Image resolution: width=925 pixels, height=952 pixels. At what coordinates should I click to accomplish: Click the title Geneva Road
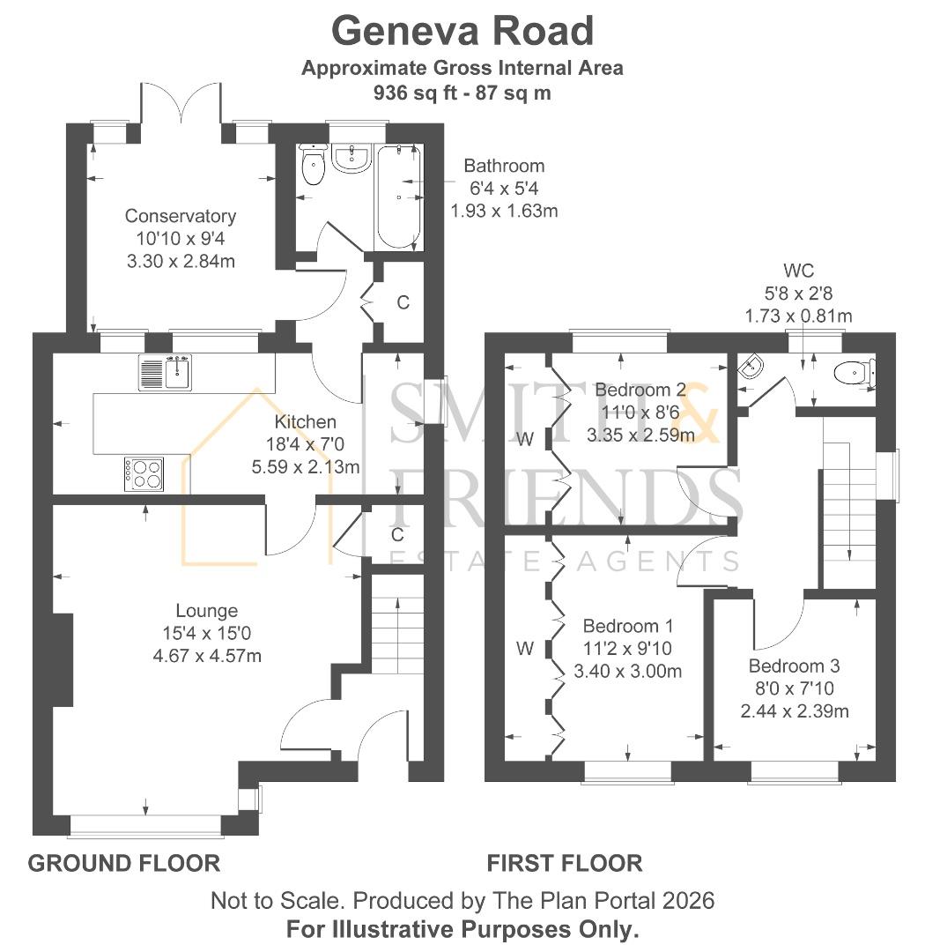tap(462, 31)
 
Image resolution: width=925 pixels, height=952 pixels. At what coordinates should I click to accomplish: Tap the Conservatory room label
tap(181, 216)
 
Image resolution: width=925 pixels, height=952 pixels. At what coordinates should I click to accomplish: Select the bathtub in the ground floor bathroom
tap(398, 197)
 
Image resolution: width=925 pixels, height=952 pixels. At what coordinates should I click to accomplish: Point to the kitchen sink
tap(165, 372)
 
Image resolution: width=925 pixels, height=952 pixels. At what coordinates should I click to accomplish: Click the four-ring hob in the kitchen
tap(144, 474)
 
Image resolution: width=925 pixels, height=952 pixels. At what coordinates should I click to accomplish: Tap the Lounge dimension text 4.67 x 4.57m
tap(207, 656)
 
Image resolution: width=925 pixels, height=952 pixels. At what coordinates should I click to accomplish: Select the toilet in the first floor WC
tap(854, 372)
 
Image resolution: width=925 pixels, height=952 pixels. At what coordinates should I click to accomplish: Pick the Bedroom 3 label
tap(794, 666)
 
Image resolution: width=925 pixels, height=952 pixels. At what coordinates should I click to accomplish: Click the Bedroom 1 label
tap(627, 625)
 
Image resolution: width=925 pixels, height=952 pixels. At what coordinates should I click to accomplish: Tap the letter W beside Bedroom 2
tap(525, 438)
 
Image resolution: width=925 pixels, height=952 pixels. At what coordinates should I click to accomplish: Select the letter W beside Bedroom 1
tap(525, 649)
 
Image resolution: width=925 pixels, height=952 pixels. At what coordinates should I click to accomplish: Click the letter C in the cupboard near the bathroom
tap(403, 301)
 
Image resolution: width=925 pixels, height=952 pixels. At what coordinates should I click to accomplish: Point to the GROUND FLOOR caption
tap(124, 863)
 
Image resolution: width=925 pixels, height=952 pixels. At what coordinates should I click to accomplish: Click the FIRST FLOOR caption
tap(565, 863)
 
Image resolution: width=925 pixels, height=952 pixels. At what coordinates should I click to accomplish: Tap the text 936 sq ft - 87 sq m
tap(462, 93)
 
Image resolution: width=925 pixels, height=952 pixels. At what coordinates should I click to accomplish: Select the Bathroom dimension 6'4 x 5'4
tap(504, 189)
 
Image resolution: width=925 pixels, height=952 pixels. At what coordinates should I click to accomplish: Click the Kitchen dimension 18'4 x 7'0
tap(306, 443)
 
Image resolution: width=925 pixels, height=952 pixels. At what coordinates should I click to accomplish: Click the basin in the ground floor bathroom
tap(351, 157)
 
